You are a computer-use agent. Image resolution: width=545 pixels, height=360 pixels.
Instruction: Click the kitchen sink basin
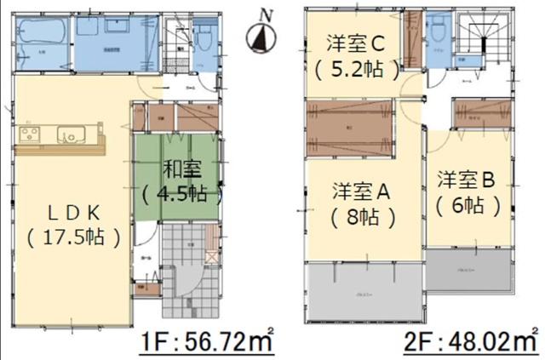[71, 134]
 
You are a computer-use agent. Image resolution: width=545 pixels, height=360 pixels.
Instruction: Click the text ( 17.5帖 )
[73, 236]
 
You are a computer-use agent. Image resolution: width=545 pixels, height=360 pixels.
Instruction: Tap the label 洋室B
[467, 180]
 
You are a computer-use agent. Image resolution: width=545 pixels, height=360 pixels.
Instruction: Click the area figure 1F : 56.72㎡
[207, 343]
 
